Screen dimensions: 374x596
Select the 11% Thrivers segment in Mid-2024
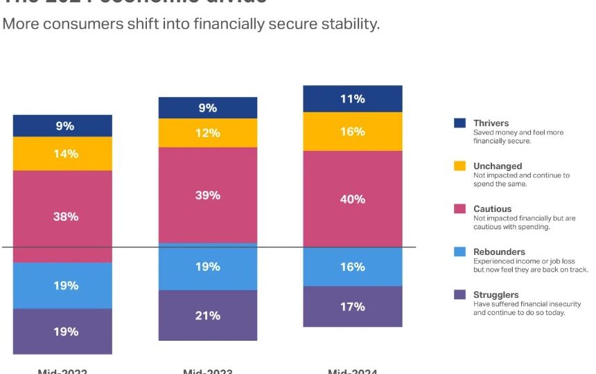pos(353,99)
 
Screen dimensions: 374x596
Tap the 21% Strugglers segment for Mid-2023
pos(207,315)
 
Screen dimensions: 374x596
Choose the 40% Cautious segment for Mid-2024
pos(353,199)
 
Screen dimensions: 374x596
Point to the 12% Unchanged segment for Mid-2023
pos(207,133)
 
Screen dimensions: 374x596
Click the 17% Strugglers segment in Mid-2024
pos(353,306)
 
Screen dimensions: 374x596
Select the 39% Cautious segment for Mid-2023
pos(207,195)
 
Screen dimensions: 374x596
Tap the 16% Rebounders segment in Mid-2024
pos(353,267)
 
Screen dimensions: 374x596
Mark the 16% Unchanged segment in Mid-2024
pos(353,132)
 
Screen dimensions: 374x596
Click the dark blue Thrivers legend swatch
pos(459,123)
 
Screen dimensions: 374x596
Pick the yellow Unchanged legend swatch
pos(459,166)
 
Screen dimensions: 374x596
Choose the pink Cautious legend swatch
pos(459,208)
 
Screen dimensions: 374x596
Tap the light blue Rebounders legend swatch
pos(459,251)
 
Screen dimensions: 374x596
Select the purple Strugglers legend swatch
pos(459,294)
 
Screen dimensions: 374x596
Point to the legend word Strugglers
pos(496,295)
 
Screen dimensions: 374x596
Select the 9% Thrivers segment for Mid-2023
pos(207,108)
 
